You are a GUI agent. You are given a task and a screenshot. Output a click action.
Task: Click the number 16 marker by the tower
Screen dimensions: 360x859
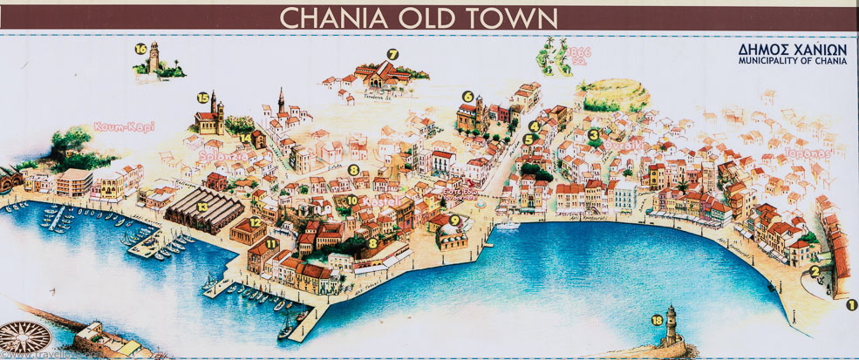[140, 49]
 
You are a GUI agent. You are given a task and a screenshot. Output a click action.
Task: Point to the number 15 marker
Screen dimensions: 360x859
[203, 98]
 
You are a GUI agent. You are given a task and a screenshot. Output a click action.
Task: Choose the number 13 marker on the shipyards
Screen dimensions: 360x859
[201, 207]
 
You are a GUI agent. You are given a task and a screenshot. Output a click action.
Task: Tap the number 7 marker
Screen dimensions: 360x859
[392, 54]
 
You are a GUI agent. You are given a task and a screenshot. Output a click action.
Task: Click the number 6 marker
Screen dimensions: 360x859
[467, 97]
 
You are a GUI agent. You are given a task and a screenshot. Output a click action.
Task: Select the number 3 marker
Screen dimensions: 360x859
[594, 134]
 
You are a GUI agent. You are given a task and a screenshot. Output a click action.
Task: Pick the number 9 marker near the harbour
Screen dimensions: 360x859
[453, 220]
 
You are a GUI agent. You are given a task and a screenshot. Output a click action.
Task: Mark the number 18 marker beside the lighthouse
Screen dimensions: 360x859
[657, 321]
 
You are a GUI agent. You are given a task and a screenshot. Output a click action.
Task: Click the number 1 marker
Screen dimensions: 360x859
[851, 304]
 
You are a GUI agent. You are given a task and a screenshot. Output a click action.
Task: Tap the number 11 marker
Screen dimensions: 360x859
[270, 243]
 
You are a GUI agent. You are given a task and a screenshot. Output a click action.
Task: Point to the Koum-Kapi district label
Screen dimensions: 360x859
[124, 126]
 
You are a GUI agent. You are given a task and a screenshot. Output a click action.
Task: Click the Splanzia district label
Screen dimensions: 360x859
[225, 157]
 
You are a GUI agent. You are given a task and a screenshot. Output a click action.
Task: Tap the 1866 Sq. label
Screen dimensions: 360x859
[579, 56]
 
